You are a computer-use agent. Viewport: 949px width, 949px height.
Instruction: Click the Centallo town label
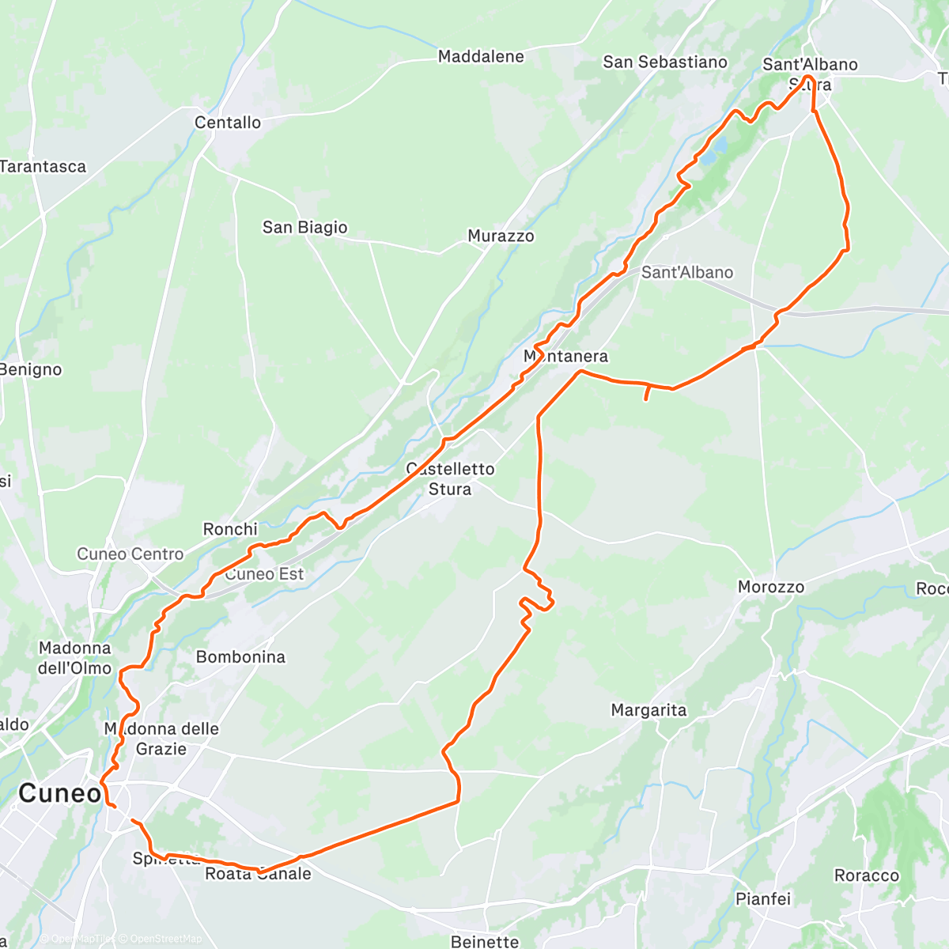[x=228, y=123]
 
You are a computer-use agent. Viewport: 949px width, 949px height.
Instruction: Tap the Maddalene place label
[x=481, y=56]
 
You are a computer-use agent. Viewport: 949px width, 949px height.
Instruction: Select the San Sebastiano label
[x=664, y=62]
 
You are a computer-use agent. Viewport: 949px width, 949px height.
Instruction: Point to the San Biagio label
[x=304, y=228]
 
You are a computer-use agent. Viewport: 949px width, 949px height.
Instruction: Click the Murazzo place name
[x=501, y=236]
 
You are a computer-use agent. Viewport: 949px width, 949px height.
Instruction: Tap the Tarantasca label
[x=43, y=167]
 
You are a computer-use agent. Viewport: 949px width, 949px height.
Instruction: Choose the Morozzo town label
[x=770, y=587]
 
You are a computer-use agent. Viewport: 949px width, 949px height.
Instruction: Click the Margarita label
[x=648, y=710]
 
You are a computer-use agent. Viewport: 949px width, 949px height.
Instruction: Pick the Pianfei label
[x=762, y=898]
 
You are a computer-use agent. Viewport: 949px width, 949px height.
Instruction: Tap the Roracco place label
[x=866, y=875]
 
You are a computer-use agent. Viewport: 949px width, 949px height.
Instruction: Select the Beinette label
[x=485, y=941]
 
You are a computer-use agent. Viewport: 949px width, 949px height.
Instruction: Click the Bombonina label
[x=240, y=656]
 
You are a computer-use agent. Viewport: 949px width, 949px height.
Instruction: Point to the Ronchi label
[x=230, y=529]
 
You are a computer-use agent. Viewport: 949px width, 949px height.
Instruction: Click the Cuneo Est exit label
[x=264, y=574]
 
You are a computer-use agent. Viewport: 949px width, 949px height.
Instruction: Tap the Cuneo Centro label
[x=130, y=554]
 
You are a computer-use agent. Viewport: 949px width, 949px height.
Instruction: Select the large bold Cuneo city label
[x=60, y=793]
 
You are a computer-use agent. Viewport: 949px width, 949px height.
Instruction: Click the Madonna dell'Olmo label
[x=75, y=658]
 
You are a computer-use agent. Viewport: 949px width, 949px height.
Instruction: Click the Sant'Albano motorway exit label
[x=686, y=272]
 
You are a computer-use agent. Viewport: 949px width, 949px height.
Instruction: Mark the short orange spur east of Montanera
[x=647, y=393]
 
